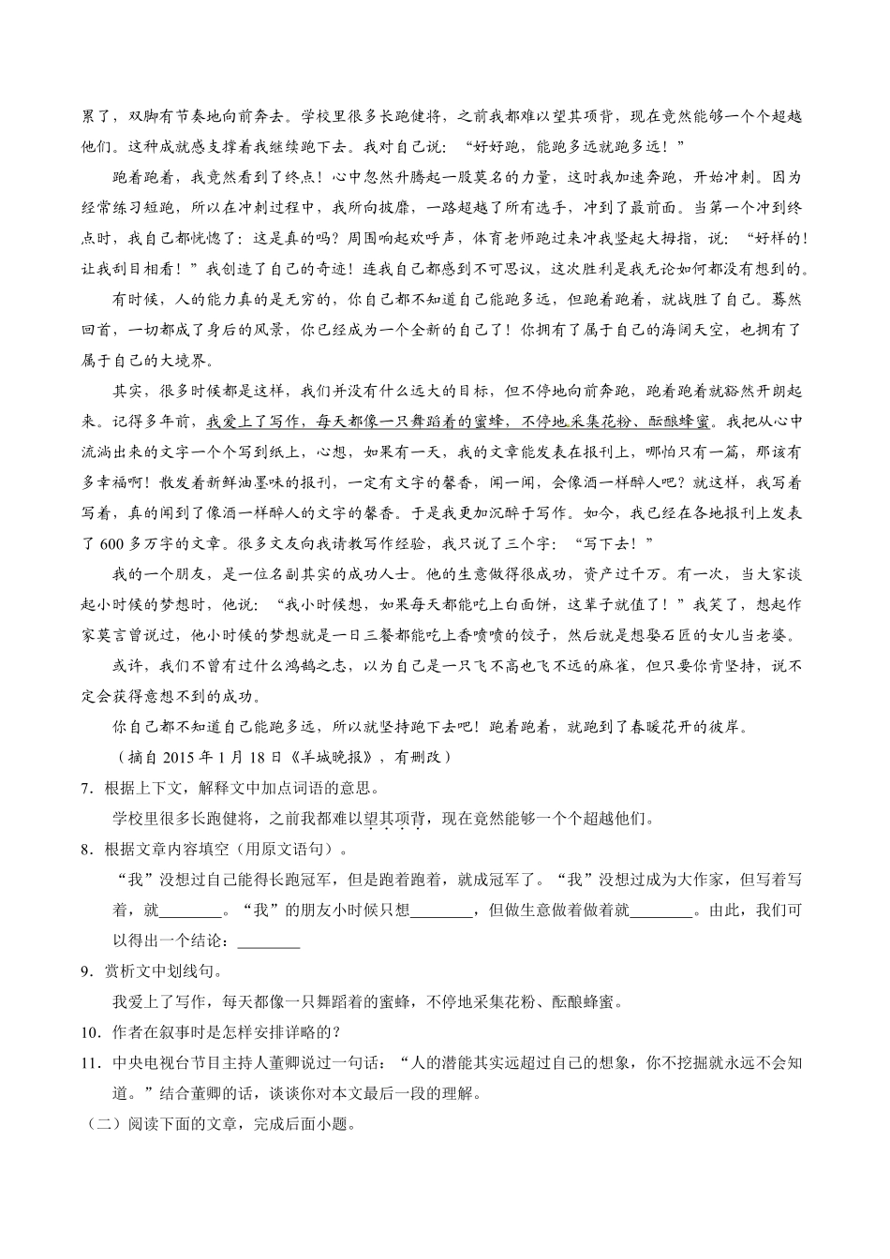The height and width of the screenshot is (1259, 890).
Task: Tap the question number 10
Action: [90, 1032]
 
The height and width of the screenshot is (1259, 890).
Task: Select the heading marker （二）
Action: [93, 1124]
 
